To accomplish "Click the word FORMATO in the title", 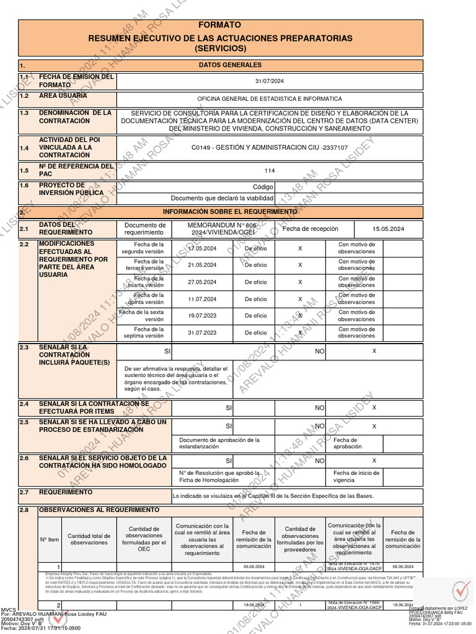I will click(x=220, y=25).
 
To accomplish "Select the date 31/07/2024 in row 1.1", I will click(x=269, y=81).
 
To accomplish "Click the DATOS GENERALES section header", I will click(x=230, y=65).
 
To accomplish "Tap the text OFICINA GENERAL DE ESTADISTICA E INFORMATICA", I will click(x=269, y=99).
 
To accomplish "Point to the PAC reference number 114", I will click(x=269, y=171).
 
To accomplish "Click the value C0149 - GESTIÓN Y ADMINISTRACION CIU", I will click(x=270, y=148).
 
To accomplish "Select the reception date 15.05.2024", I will click(x=388, y=229).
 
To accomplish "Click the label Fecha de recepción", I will click(x=311, y=229).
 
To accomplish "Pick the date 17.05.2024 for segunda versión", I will click(x=202, y=248).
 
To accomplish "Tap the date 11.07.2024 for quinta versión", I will click(x=202, y=299).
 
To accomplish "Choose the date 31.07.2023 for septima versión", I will click(x=202, y=332).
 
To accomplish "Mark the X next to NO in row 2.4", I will click(x=374, y=408).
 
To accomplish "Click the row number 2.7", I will click(x=25, y=493).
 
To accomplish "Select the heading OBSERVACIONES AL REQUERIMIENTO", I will click(x=99, y=510).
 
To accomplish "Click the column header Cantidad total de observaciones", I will click(x=89, y=539).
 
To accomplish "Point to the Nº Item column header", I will click(x=50, y=539).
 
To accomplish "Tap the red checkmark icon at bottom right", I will click(x=460, y=591).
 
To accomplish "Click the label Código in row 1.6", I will click(x=263, y=187).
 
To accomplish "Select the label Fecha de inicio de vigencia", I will click(x=357, y=477).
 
